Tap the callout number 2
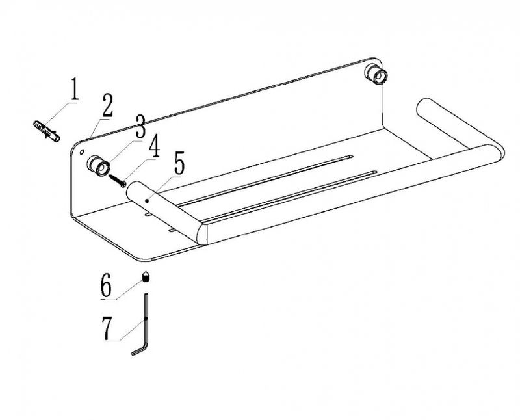(107, 105)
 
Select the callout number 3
(140, 126)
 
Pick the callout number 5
(179, 163)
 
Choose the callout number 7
(107, 328)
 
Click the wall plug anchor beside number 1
(47, 131)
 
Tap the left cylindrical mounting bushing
(98, 165)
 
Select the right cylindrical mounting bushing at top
(376, 74)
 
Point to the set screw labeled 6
(146, 278)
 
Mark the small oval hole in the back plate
(82, 152)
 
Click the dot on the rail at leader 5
(147, 201)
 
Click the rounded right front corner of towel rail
(497, 153)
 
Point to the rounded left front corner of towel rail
(201, 234)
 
